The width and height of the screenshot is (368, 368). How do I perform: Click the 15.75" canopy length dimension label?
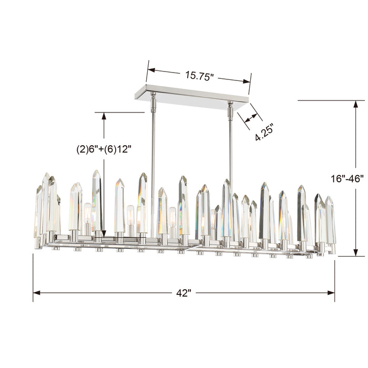point(199,75)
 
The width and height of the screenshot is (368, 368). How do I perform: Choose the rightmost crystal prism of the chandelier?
point(330,221)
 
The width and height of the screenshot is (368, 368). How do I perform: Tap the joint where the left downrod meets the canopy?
point(154,97)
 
